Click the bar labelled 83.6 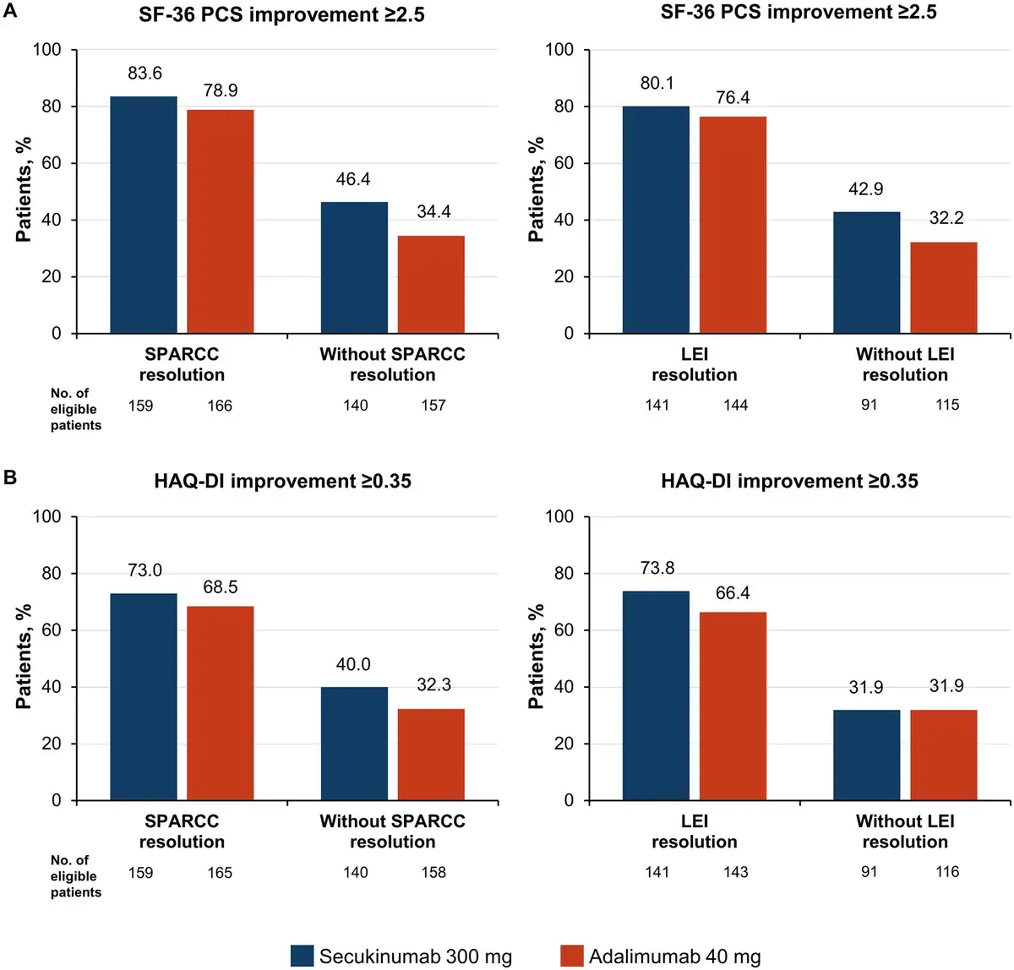(x=144, y=215)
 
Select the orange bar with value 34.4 (x=431, y=284)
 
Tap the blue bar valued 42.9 (x=866, y=272)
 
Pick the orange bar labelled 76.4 (x=733, y=225)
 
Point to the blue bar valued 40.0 (x=354, y=744)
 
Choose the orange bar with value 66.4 (x=733, y=706)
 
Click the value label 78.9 (x=221, y=90)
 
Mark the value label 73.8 (x=657, y=568)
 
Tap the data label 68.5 (x=221, y=587)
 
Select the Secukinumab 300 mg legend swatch (x=302, y=956)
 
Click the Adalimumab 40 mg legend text (x=674, y=956)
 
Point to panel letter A (x=10, y=11)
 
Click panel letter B (x=10, y=477)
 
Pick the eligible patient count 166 (x=220, y=406)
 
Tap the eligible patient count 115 (x=946, y=405)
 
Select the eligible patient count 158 (x=433, y=872)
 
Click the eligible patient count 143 (x=735, y=872)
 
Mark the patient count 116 (x=946, y=871)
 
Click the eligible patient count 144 (x=735, y=405)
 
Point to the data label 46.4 (x=353, y=179)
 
